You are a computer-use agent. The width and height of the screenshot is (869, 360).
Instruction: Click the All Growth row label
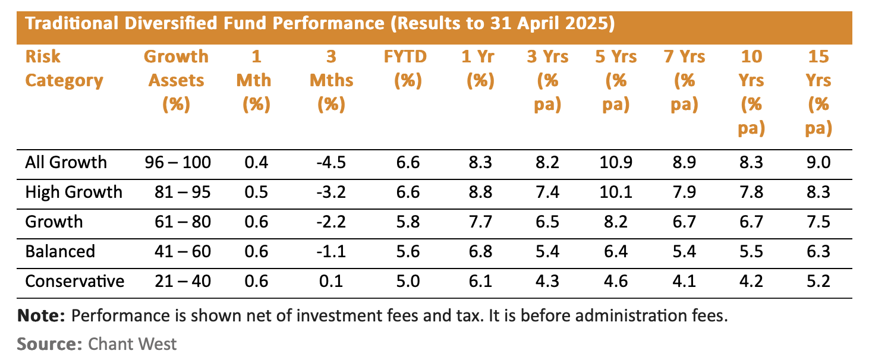click(66, 162)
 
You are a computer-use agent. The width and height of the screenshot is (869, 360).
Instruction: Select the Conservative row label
click(75, 280)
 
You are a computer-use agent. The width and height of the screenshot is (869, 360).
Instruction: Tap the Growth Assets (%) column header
click(176, 80)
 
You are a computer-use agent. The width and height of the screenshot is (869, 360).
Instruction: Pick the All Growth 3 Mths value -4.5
click(335, 162)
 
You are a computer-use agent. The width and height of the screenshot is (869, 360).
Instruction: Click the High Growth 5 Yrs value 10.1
click(615, 192)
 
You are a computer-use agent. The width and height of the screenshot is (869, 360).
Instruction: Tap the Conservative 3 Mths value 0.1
click(335, 280)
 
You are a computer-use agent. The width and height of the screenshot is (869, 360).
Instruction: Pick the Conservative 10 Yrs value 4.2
click(751, 280)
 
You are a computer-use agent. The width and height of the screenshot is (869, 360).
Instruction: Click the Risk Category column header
click(64, 68)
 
